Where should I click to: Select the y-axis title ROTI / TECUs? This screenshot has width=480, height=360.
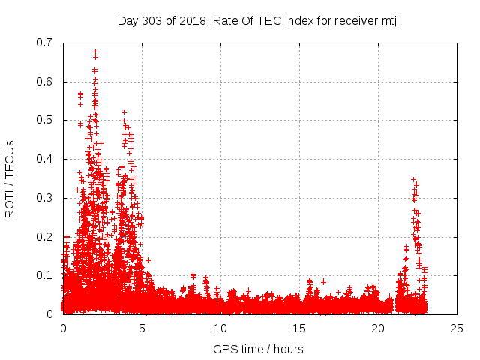(10, 178)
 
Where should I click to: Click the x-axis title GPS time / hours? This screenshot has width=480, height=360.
(259, 349)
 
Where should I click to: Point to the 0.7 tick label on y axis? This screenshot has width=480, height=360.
(46, 43)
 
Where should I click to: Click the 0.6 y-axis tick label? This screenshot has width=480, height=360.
(46, 82)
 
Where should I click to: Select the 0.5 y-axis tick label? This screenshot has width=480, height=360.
(46, 120)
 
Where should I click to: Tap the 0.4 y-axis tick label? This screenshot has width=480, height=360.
(46, 159)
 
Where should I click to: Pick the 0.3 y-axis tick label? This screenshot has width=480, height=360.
(46, 198)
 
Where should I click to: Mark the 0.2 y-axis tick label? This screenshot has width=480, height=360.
(46, 236)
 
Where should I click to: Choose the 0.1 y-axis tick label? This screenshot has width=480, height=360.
(46, 275)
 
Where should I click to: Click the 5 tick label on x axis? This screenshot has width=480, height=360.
(142, 328)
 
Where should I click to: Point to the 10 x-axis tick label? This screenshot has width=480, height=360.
(220, 328)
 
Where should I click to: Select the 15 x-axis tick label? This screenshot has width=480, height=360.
(299, 328)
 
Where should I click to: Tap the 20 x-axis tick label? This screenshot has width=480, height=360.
(378, 328)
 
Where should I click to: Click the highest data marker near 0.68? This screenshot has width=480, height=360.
(95, 52)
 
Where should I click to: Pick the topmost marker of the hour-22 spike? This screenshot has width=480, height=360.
(413, 179)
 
